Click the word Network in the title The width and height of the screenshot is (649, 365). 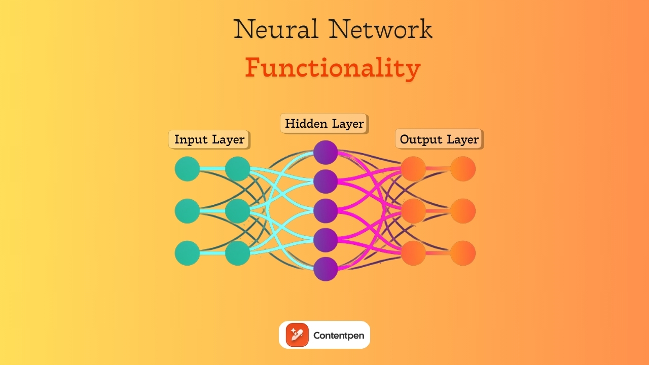[x=381, y=29]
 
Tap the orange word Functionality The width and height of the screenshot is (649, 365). [x=333, y=68]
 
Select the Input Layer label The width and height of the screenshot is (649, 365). [x=209, y=139]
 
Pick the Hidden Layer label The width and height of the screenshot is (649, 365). [x=324, y=124]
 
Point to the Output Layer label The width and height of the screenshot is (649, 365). [x=439, y=139]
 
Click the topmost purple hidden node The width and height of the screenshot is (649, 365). [x=326, y=153]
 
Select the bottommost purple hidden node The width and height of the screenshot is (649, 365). [x=326, y=269]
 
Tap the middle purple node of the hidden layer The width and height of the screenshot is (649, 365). [x=326, y=211]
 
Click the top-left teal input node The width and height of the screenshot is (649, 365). [x=187, y=169]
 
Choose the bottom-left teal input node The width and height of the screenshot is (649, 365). [x=187, y=253]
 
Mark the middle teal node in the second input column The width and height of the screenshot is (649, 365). [x=237, y=211]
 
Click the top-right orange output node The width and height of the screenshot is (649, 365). [x=463, y=169]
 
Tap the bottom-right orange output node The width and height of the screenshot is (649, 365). [x=463, y=253]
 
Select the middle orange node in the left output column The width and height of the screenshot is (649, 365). [x=413, y=211]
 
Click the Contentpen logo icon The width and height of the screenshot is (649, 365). [x=297, y=335]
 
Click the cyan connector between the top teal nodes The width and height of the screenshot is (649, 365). [x=212, y=169]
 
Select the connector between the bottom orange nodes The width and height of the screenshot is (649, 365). [x=438, y=253]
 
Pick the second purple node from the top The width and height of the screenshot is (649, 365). [x=326, y=181]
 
